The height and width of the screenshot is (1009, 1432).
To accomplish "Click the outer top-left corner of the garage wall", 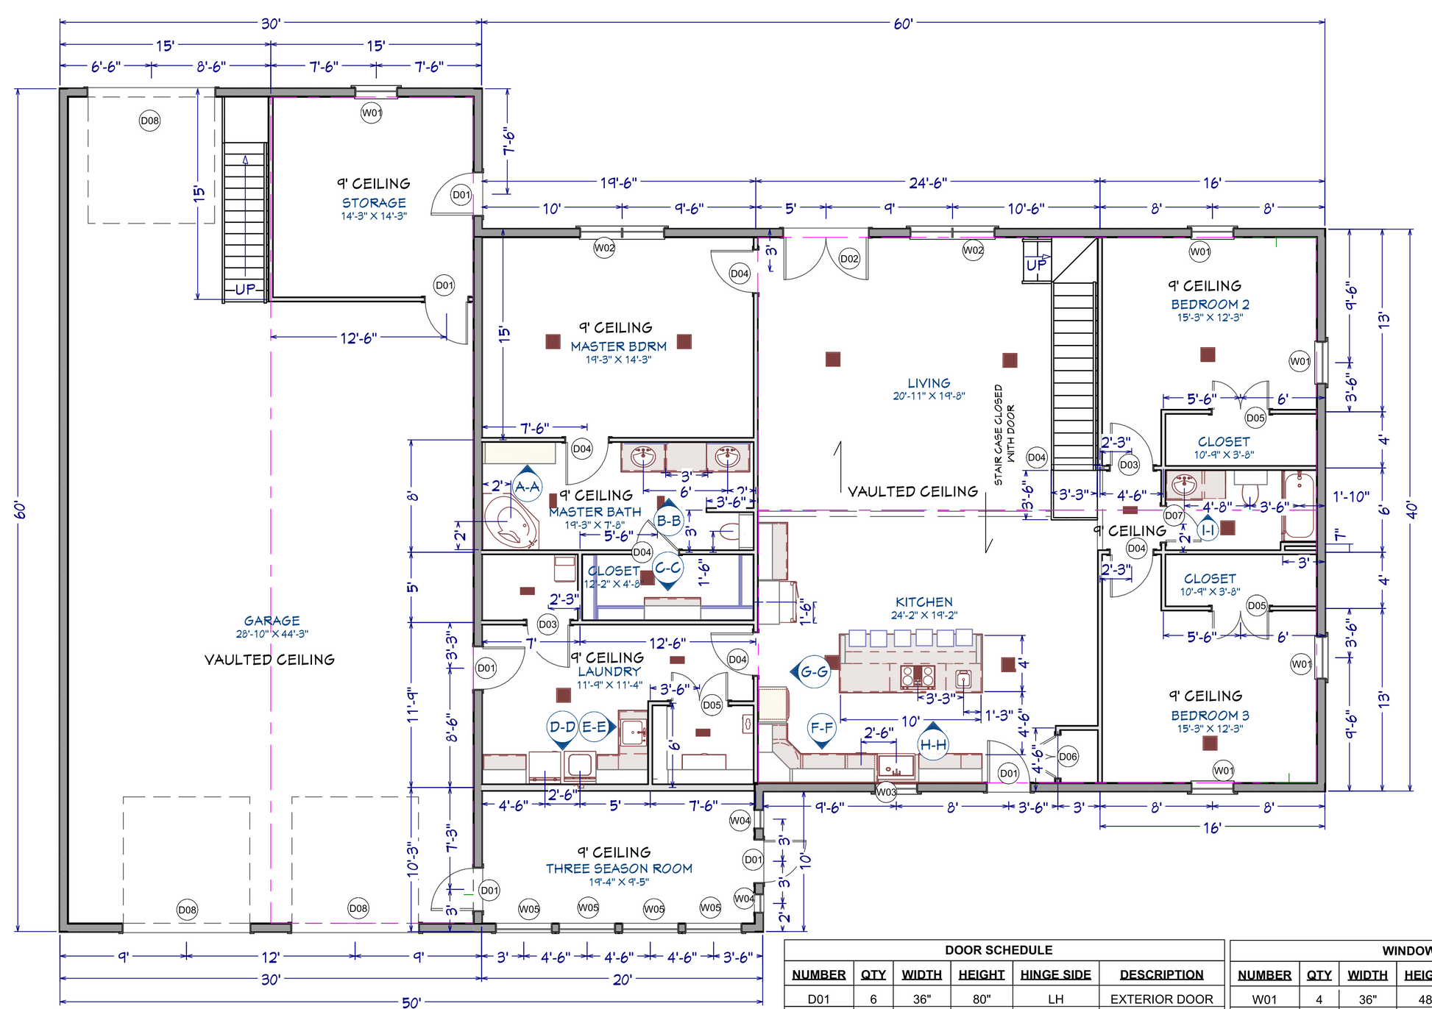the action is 60,88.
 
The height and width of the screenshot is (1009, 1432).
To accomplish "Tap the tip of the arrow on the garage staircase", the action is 245,155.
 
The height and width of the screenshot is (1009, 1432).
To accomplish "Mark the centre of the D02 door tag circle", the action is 849,259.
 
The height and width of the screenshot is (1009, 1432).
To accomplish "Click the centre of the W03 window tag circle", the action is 886,792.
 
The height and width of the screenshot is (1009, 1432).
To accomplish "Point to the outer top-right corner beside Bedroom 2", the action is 1325,229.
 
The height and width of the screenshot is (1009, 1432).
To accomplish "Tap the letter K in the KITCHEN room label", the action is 900,602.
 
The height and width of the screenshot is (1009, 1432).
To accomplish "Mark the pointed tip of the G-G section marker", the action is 791,671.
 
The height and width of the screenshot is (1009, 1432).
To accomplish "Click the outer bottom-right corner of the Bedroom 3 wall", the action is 1325,790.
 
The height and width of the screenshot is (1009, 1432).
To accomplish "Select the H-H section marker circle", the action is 933,745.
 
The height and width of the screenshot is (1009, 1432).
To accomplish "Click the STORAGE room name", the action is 374,202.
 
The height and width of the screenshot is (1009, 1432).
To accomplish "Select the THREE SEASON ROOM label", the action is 619,869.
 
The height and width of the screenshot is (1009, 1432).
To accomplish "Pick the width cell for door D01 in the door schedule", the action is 921,999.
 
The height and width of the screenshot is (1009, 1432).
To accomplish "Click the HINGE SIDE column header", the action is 1055,974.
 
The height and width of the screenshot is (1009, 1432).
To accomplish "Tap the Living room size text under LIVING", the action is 929,396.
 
